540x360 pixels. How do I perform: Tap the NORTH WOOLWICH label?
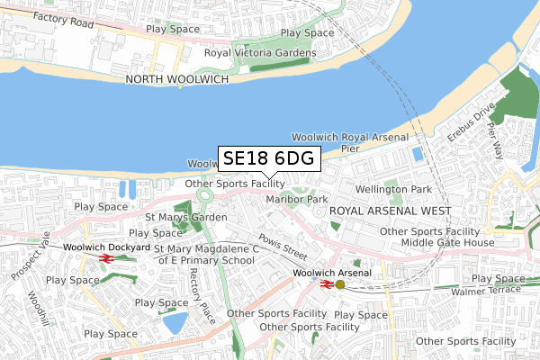point(177,79)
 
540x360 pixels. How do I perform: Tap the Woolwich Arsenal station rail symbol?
point(327,284)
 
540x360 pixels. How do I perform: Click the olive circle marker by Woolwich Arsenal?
point(339,284)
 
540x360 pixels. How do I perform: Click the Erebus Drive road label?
point(472,125)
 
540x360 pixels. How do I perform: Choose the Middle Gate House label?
point(447,243)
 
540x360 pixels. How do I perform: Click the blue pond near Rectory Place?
point(175,322)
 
